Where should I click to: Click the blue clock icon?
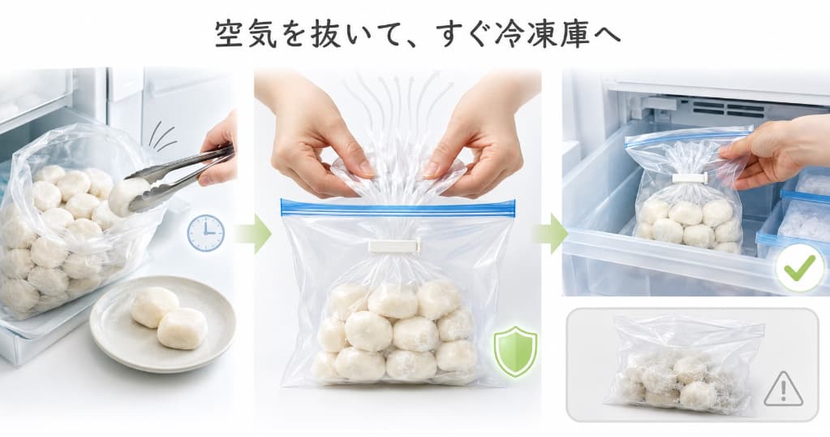205,233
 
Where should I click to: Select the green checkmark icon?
800,270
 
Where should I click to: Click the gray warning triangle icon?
784,390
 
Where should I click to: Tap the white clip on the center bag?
395,246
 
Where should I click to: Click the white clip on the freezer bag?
690,178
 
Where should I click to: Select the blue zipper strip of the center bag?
398,208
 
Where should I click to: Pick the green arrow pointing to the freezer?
551,233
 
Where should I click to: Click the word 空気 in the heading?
246,35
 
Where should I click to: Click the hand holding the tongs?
220,150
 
